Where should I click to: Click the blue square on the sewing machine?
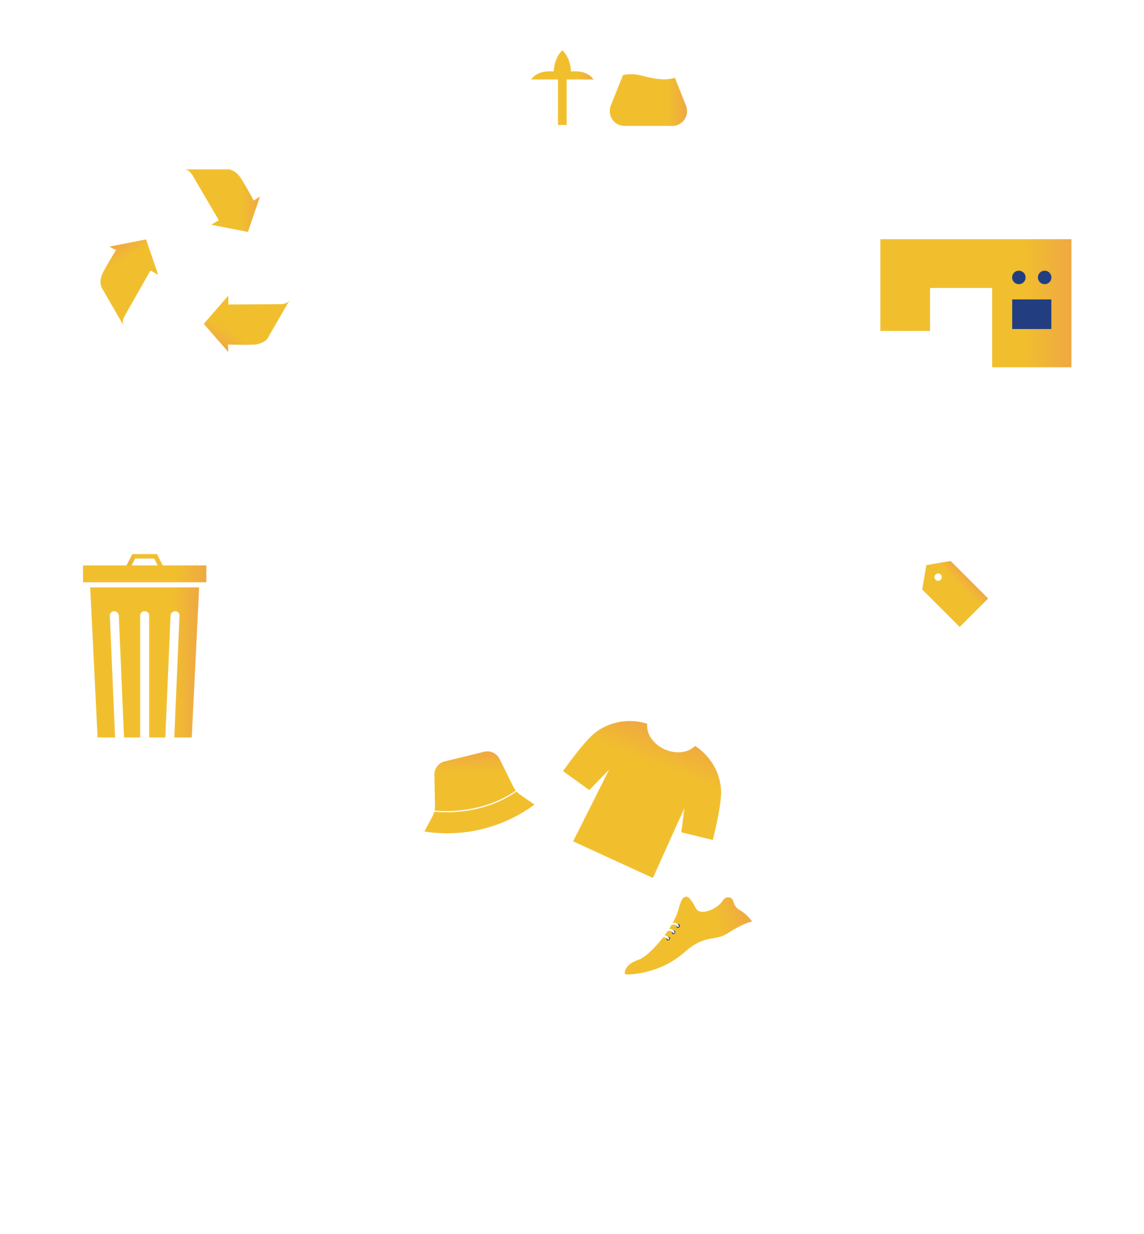click(x=1031, y=314)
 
